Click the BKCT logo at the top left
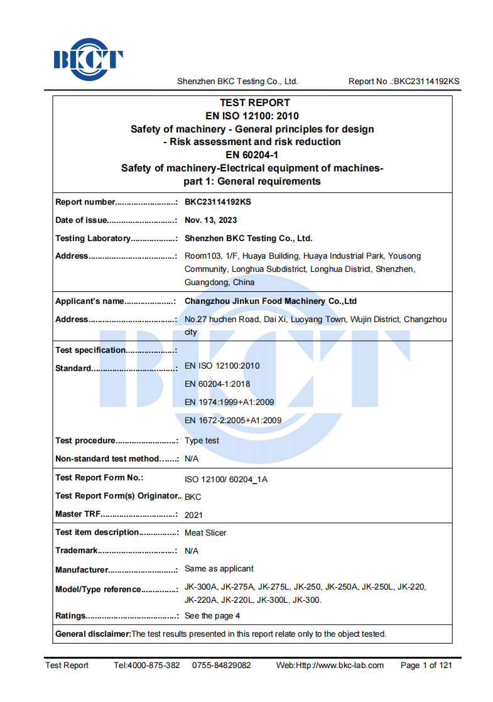(88, 60)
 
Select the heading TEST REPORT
(254, 102)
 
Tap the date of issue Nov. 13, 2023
(210, 220)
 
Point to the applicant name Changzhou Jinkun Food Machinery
(271, 301)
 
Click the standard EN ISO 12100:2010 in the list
(222, 366)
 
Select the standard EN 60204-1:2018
(217, 384)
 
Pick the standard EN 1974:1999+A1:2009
(229, 402)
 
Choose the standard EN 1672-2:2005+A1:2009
(233, 421)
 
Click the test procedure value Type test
(202, 441)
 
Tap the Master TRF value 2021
(193, 515)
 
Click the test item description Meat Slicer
(205, 533)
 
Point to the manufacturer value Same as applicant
(219, 569)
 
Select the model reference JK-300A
(200, 588)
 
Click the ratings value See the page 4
(212, 616)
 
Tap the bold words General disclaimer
(93, 634)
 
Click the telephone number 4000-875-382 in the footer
(154, 666)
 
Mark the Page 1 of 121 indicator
(426, 666)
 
